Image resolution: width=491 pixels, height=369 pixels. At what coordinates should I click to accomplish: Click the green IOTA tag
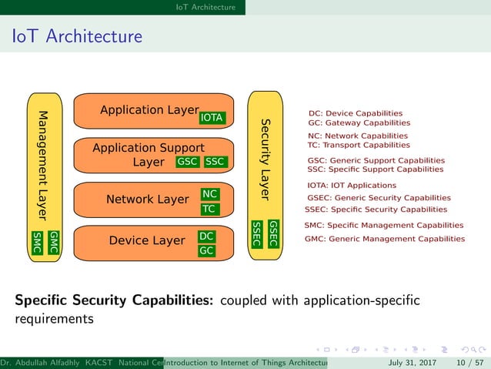(212, 118)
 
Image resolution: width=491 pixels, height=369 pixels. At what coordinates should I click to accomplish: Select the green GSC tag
(188, 162)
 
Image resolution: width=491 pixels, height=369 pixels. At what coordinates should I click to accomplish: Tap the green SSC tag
(215, 162)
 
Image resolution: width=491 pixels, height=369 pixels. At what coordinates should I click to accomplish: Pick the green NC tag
(209, 194)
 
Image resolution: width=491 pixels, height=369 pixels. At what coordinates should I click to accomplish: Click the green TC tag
(209, 209)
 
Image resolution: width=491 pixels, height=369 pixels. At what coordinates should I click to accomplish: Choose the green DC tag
(206, 236)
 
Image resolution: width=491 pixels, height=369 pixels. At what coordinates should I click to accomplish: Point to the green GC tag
(206, 250)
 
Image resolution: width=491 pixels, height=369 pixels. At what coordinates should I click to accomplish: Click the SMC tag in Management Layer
(37, 240)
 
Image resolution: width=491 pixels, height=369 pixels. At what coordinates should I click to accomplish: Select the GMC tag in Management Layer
(53, 240)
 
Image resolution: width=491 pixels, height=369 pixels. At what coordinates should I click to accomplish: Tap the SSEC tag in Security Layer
(258, 233)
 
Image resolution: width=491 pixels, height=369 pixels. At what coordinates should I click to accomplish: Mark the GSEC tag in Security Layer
(273, 233)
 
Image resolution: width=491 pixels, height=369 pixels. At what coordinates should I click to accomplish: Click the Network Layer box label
(147, 200)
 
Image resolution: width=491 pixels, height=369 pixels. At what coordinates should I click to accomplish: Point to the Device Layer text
(147, 240)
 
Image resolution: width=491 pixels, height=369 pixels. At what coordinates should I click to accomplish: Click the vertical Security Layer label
(265, 159)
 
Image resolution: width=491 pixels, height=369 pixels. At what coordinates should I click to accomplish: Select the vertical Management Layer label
(44, 163)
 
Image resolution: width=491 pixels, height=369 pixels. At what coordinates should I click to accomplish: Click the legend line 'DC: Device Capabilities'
(355, 112)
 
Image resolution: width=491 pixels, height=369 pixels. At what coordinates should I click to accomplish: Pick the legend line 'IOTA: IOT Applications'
(352, 185)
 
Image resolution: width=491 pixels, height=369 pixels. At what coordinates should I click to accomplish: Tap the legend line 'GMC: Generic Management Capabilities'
(385, 239)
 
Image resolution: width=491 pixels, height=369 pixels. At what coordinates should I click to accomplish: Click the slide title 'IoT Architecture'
(76, 36)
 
